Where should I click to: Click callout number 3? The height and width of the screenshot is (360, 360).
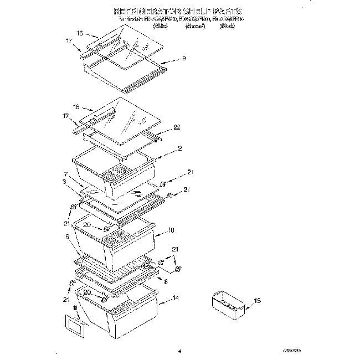(65, 181)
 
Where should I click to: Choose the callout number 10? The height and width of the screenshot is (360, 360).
(171, 229)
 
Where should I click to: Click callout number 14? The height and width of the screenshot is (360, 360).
(176, 299)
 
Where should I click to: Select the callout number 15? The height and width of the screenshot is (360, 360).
(256, 301)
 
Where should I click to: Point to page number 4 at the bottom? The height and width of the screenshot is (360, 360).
(180, 349)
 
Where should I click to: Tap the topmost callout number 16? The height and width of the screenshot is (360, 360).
(79, 34)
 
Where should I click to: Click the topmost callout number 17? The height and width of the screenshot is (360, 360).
(69, 40)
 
